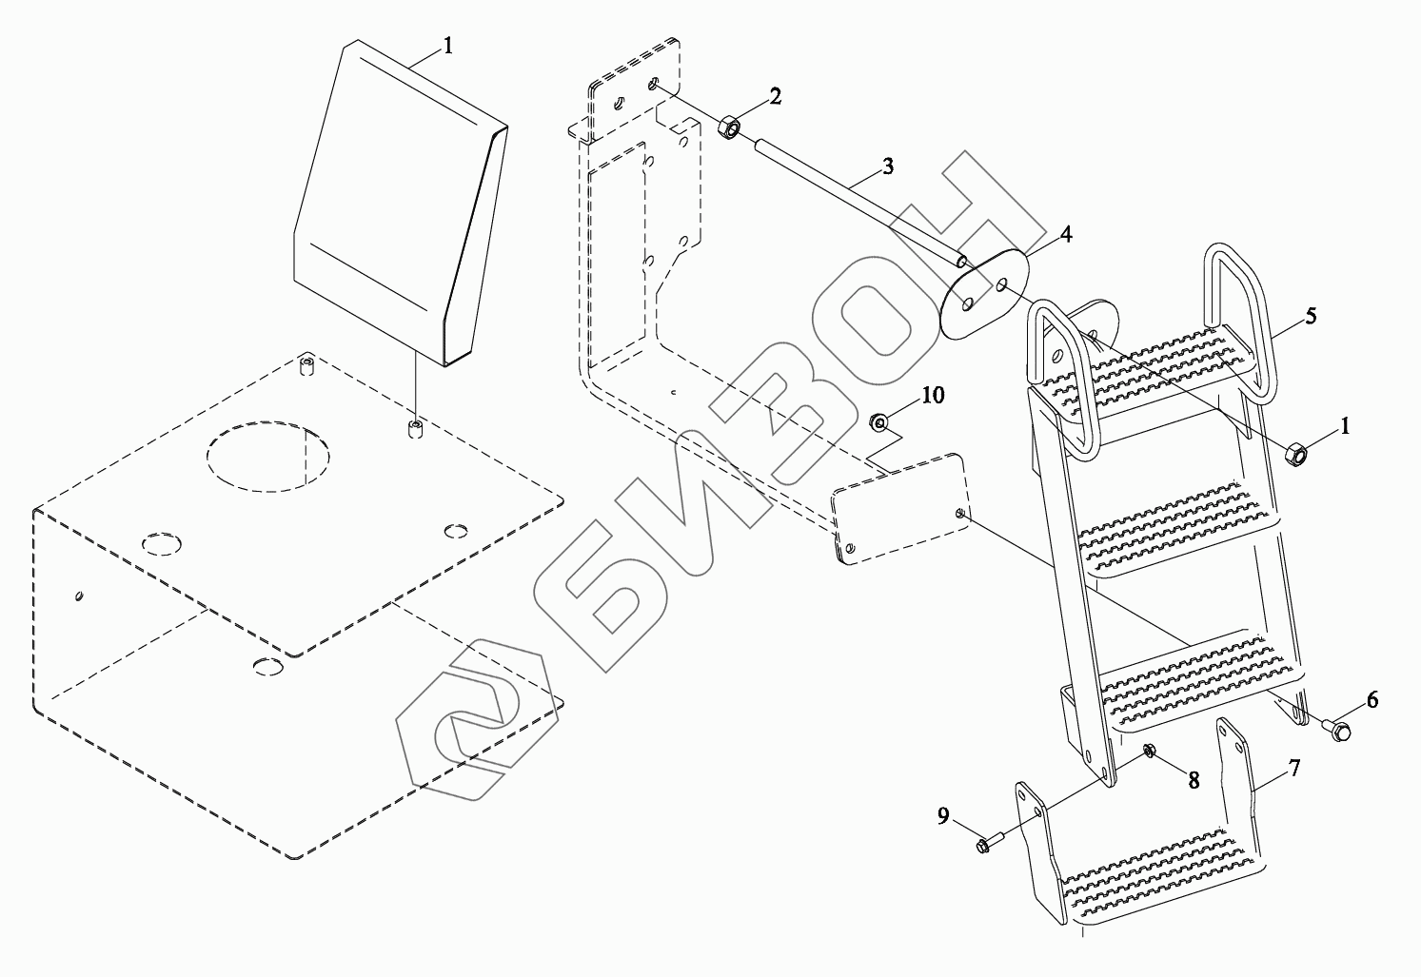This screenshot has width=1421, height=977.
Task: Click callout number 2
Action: (776, 95)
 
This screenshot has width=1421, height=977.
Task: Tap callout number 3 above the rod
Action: (887, 166)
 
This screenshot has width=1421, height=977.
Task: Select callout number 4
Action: (1066, 234)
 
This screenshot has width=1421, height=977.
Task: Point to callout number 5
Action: (1311, 316)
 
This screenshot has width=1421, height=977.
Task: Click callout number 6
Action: (1372, 699)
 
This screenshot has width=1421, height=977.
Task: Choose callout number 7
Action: (1294, 768)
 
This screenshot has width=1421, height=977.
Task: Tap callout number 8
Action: (1193, 778)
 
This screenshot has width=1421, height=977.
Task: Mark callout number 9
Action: (942, 815)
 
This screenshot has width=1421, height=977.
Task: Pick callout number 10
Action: (933, 394)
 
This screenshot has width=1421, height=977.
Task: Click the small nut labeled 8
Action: (1149, 752)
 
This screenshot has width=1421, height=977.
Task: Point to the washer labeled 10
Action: (880, 420)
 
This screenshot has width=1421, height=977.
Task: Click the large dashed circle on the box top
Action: (267, 457)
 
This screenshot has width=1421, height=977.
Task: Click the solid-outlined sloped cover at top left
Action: (400, 205)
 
